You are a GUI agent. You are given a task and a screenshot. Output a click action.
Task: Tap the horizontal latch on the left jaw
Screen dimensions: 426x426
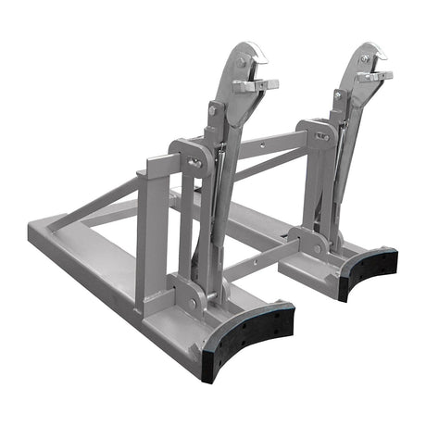(x=257, y=85)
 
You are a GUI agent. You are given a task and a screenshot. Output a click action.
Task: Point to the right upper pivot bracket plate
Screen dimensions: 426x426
(x=317, y=136)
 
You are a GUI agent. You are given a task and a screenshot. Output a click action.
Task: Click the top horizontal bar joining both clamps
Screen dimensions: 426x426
(x=269, y=144)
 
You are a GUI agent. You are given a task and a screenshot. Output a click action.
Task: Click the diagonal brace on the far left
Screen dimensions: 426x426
(x=93, y=205)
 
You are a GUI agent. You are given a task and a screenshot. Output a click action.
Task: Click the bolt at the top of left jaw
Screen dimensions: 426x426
(x=243, y=63)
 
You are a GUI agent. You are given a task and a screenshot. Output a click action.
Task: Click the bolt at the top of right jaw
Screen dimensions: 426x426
(x=364, y=58)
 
